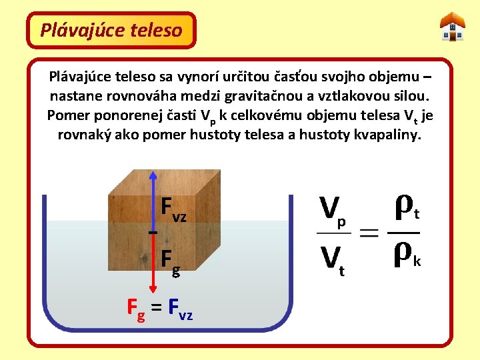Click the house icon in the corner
point(453,27)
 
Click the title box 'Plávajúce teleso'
point(111,30)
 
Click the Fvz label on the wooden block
point(174,209)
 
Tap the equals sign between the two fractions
point(368,234)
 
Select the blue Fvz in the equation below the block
point(181,309)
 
